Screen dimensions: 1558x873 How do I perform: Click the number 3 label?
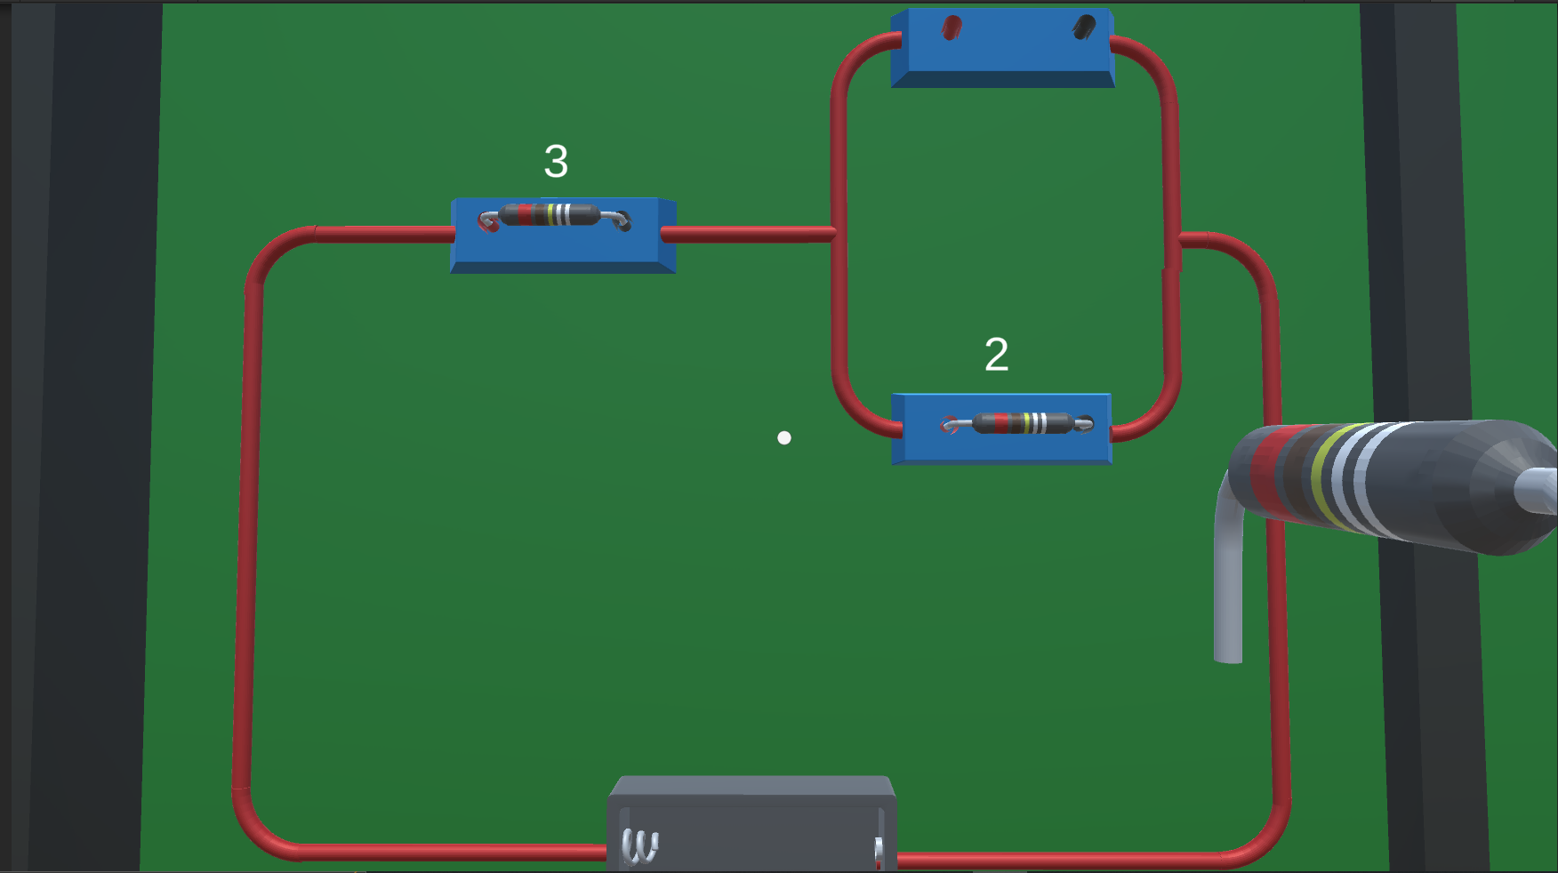point(556,161)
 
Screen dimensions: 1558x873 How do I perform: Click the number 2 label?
point(996,355)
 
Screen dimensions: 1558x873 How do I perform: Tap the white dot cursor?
point(784,437)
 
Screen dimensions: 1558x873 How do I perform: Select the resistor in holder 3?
point(555,217)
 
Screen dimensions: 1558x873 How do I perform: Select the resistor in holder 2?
point(1017,423)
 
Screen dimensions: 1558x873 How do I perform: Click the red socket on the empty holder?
point(952,28)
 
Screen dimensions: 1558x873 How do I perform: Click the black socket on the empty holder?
point(1083,28)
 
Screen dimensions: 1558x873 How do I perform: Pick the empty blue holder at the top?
point(1002,48)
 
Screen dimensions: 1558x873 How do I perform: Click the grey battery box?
point(752,823)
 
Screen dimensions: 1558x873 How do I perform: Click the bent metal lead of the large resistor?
point(1228,569)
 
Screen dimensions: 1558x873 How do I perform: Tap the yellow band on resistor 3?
point(551,214)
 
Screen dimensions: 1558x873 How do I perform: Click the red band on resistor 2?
point(1001,423)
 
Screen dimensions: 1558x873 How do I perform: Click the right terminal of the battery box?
point(879,852)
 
